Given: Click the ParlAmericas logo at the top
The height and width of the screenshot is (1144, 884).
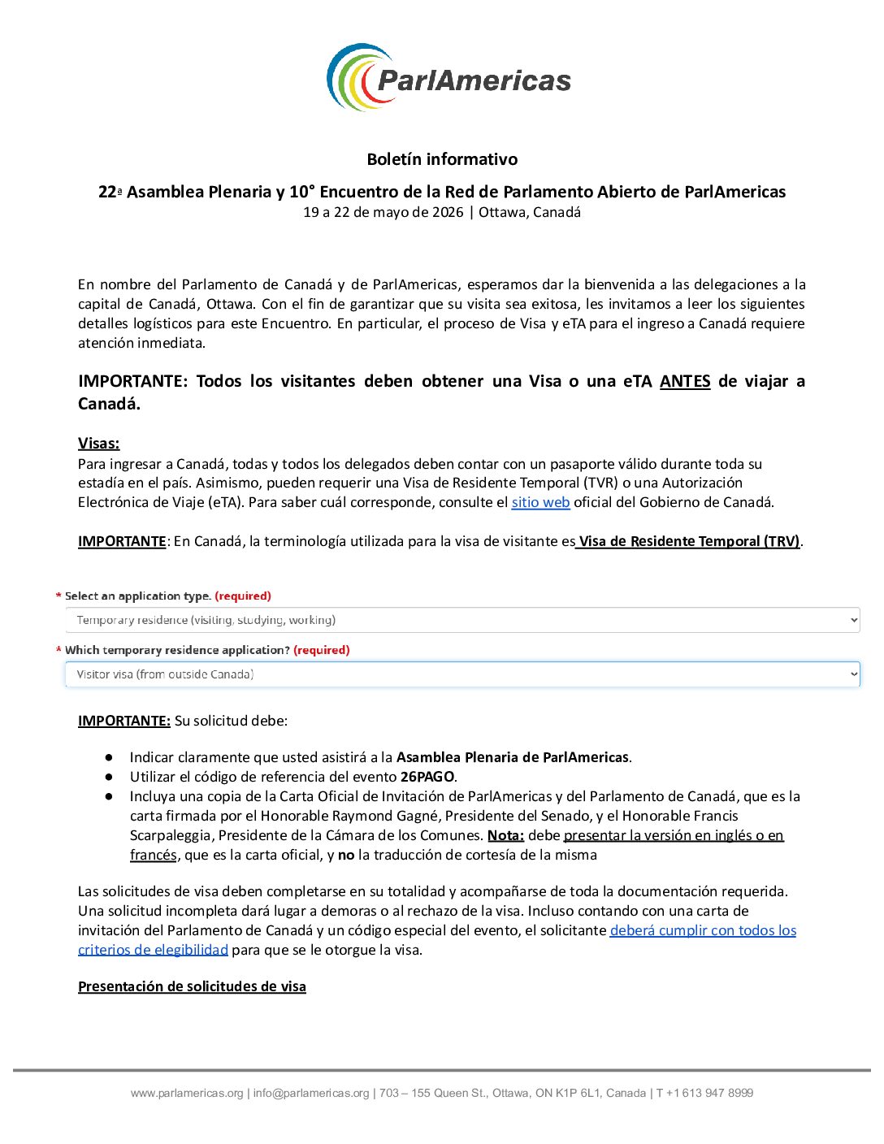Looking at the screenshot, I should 448,78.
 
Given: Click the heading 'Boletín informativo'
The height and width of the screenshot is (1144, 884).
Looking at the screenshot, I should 442,159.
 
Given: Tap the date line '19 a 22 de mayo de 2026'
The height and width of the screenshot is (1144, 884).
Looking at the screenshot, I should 383,213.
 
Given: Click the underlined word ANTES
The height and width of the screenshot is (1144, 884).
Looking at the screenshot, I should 685,381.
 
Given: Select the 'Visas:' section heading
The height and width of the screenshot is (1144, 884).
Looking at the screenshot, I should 98,443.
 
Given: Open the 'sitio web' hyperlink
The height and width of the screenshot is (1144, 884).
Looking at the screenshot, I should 540,502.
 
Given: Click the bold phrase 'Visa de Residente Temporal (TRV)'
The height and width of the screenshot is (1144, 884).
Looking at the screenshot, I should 689,541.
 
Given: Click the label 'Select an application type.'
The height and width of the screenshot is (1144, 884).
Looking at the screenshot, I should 138,596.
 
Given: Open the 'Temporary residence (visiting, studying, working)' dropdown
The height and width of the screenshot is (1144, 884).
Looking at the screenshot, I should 462,620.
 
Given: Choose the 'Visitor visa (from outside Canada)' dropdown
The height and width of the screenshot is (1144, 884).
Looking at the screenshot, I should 462,674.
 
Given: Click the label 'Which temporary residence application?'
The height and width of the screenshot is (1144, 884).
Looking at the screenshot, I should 177,650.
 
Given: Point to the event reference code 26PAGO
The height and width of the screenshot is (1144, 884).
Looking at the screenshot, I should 427,777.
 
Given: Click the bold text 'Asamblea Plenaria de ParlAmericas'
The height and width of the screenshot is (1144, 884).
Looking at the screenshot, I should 512,757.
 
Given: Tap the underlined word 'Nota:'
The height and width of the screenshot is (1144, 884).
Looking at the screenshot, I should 505,835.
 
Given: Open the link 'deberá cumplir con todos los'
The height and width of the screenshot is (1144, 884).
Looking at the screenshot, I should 703,930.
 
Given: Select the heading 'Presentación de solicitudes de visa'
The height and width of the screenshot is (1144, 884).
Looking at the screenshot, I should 192,986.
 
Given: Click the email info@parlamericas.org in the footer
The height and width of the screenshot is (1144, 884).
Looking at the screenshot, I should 311,1093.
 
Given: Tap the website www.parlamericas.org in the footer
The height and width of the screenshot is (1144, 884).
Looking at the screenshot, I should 187,1093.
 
